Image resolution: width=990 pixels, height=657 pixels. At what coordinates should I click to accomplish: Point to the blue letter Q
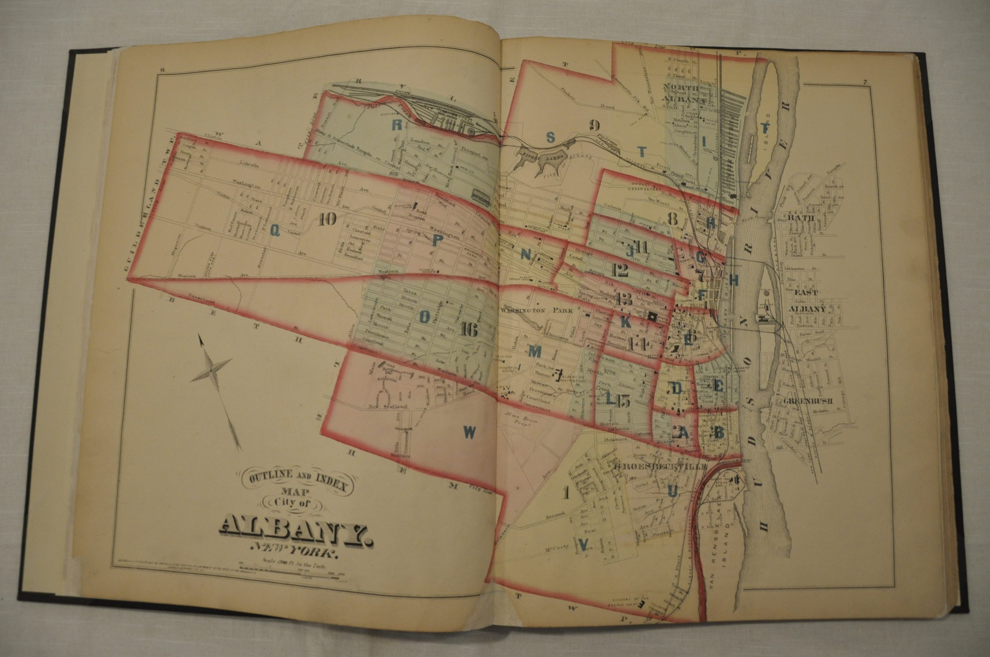(275, 229)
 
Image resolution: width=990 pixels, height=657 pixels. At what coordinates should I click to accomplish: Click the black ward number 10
(328, 219)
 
